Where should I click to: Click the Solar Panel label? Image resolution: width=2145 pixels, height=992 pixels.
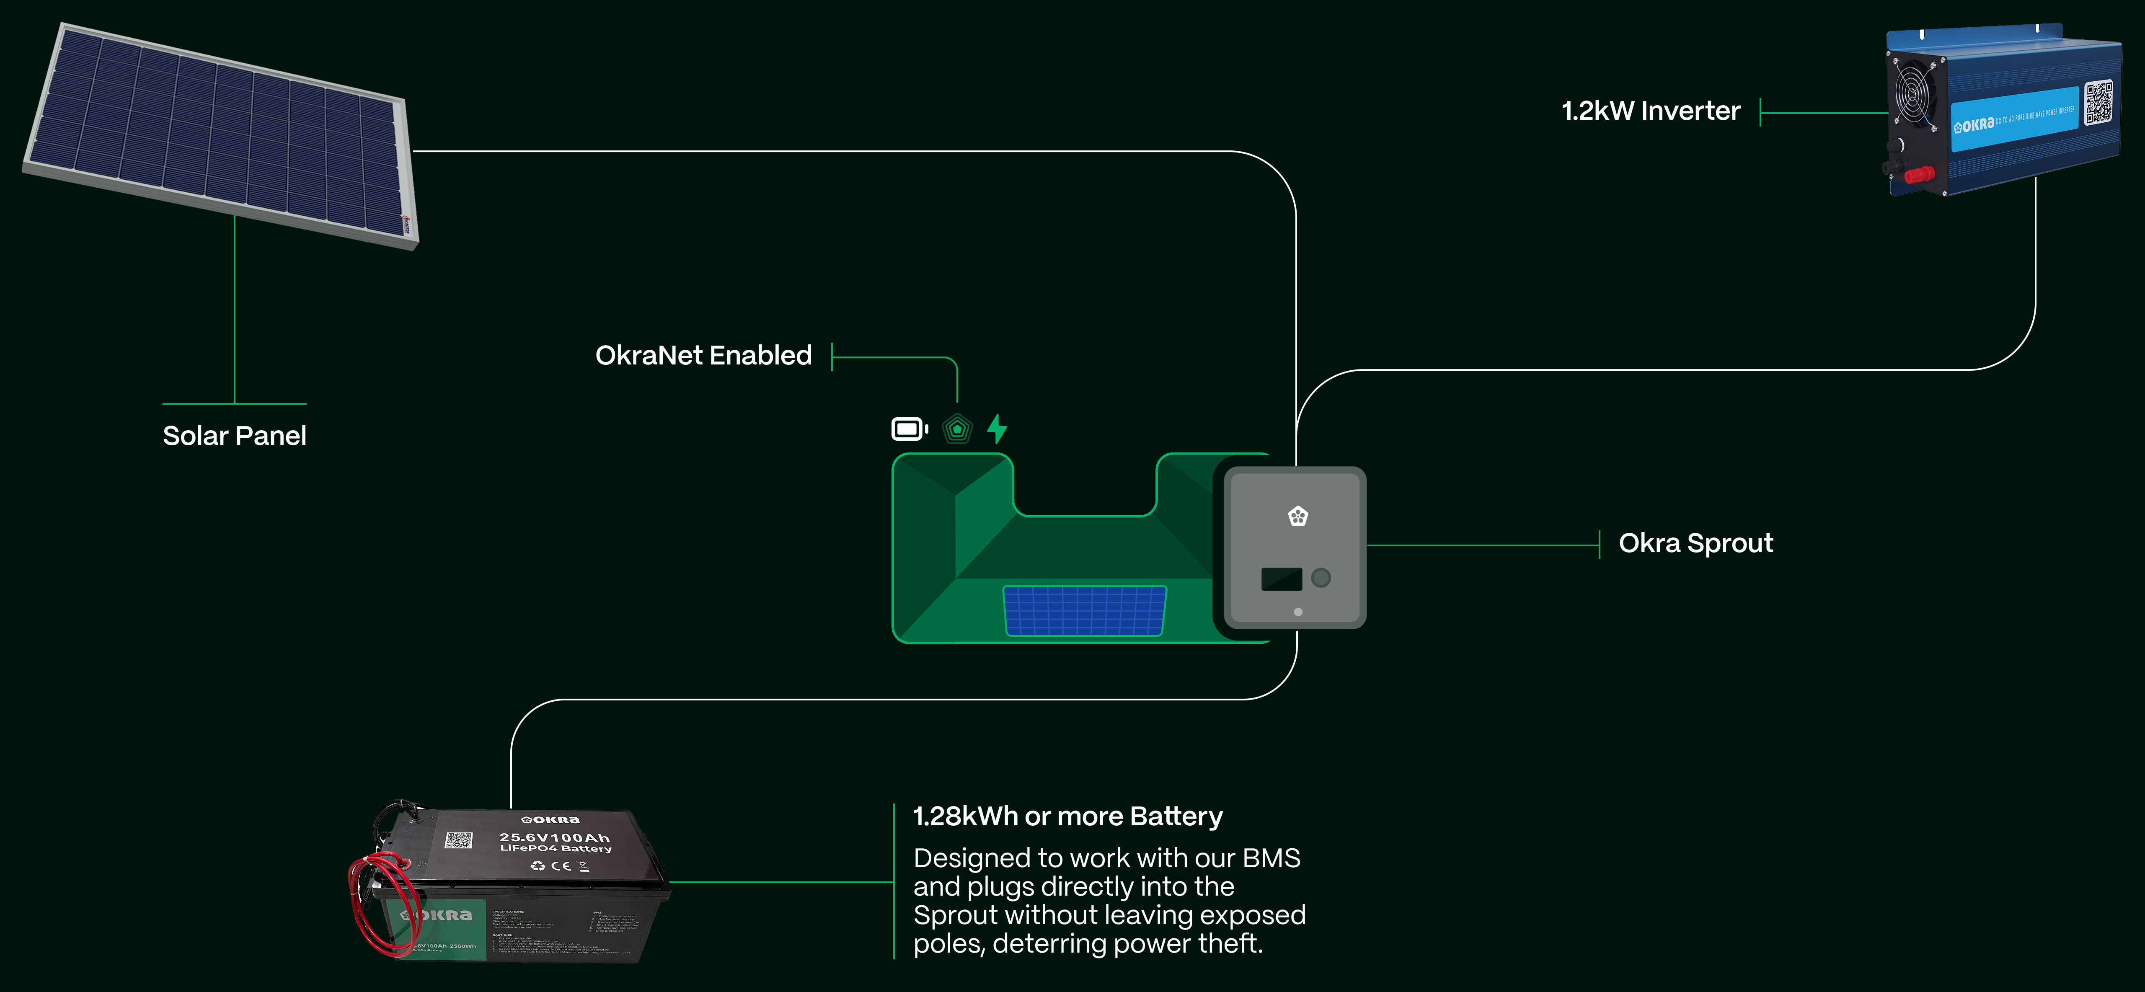234,436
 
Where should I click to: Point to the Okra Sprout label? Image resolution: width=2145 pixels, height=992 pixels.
1695,543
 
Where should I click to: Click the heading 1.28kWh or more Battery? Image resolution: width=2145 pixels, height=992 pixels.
1067,816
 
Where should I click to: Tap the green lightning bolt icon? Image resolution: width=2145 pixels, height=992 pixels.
997,429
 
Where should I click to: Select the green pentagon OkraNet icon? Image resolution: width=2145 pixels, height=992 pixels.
957,429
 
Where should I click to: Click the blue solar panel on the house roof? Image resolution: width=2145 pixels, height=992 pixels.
1084,610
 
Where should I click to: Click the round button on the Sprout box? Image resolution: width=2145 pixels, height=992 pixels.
1321,577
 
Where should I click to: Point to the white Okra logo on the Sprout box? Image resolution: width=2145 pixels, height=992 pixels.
1297,517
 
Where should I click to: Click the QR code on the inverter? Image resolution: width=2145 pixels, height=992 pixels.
2098,103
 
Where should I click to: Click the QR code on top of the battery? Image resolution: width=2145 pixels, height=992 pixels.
458,840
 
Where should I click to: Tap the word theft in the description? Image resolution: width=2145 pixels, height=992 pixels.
1229,944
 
